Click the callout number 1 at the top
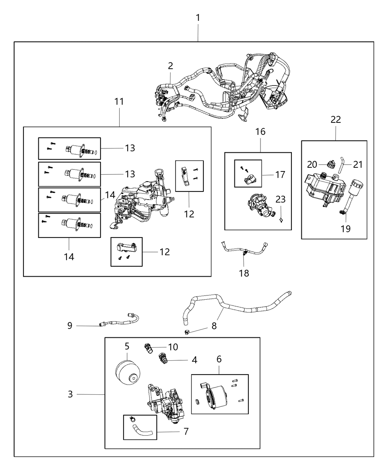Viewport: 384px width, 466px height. (x=198, y=18)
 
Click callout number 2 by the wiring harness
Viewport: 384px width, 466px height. (x=170, y=66)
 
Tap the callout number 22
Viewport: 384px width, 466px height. (x=336, y=119)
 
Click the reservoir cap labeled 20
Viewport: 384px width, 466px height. (x=331, y=164)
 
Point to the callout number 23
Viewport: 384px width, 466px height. (x=281, y=199)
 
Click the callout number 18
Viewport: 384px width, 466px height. (x=244, y=273)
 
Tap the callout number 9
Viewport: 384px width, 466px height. (x=70, y=325)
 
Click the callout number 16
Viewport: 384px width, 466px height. (x=260, y=132)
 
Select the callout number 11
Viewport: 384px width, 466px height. (x=119, y=102)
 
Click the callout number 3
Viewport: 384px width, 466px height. (x=70, y=394)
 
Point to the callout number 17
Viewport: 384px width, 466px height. (x=280, y=174)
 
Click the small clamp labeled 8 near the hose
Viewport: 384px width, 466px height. (x=187, y=332)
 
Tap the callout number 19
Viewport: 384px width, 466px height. (x=345, y=229)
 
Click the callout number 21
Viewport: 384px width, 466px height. (x=358, y=164)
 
